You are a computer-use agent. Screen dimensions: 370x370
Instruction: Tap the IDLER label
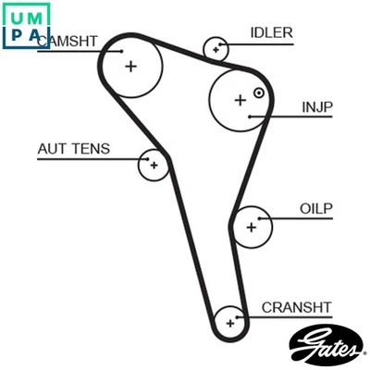271,33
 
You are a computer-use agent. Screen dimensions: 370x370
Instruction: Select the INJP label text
317,107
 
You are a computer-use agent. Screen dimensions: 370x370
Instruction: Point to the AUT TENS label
73,149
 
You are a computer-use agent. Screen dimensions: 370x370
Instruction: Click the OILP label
315,208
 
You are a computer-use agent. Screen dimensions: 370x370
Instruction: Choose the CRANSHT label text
296,307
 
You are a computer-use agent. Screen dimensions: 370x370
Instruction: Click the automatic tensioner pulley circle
154,166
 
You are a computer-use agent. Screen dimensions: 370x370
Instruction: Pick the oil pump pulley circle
251,225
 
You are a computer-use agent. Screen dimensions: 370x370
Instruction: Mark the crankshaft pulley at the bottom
228,323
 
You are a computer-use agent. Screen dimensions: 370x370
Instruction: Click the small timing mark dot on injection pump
259,92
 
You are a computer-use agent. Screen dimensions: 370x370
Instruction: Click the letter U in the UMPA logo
16,14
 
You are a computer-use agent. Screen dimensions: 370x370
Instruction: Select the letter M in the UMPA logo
37,14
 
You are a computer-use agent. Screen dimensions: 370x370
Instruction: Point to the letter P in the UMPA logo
16,36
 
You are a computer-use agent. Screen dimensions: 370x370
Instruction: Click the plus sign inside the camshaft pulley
131,65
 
